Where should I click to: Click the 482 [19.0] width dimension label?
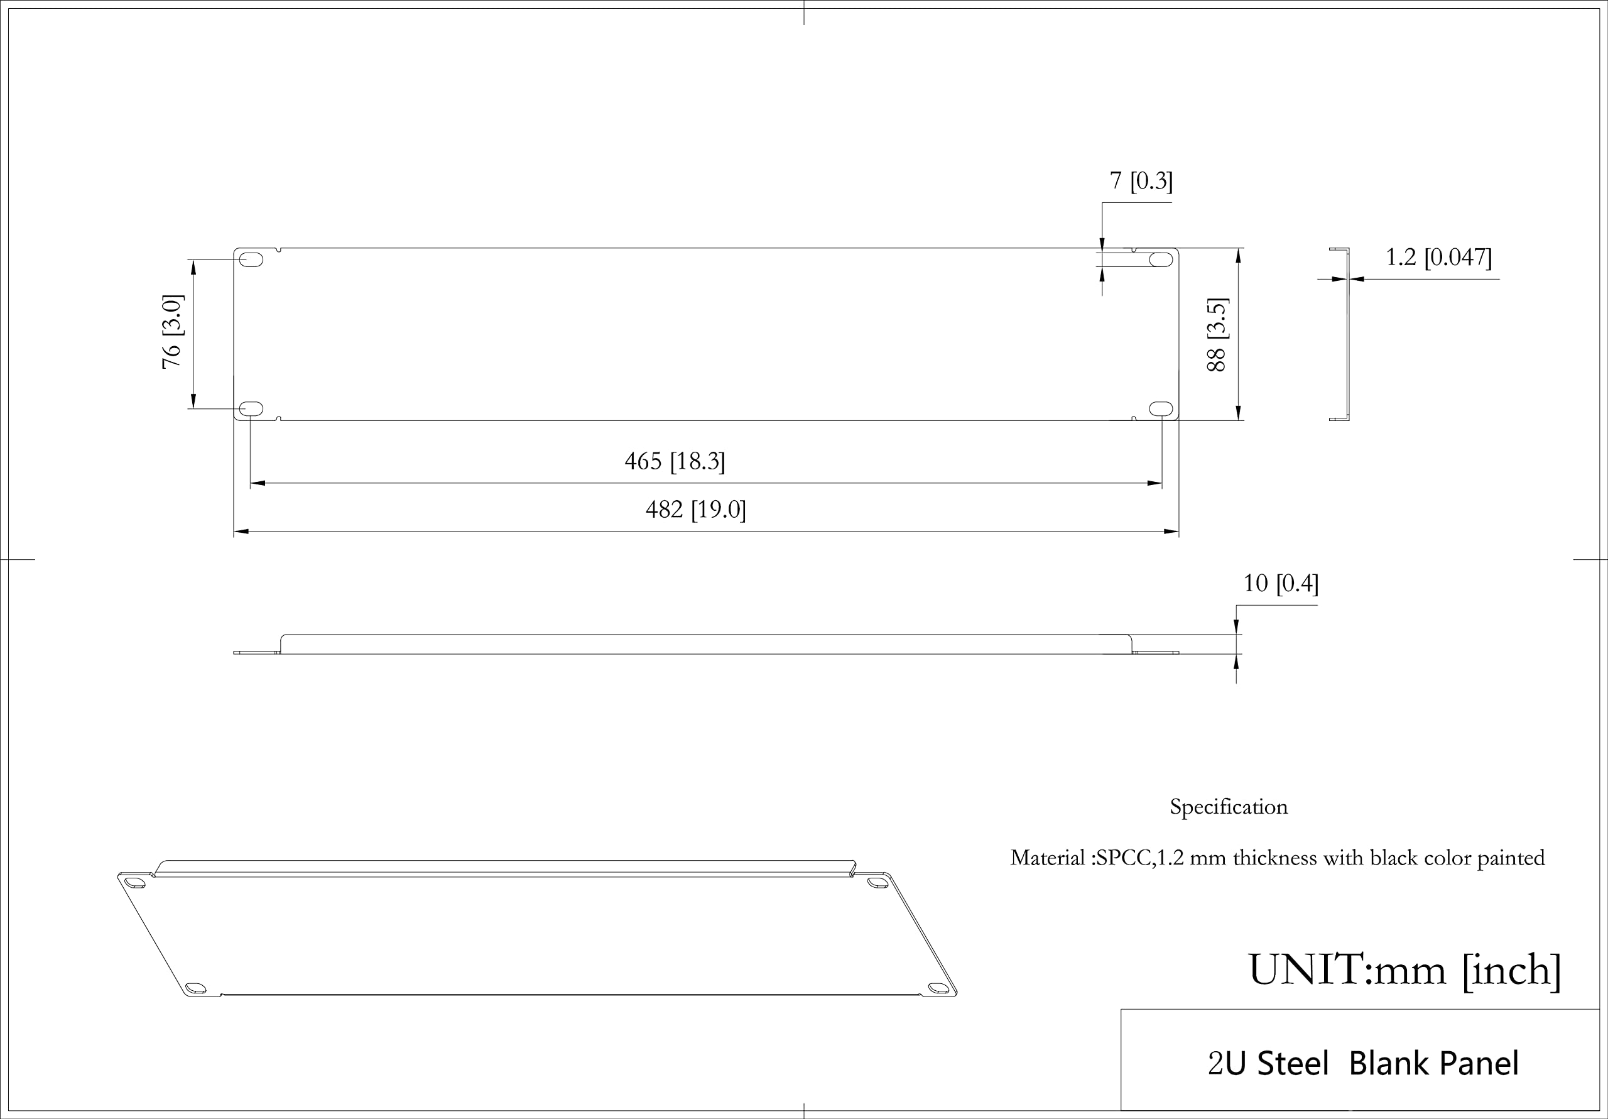coord(695,510)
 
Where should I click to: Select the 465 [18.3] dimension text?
coord(675,461)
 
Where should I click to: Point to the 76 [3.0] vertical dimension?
coord(171,331)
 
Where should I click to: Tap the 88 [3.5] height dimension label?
coord(1217,334)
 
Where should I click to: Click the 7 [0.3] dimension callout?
coord(1141,181)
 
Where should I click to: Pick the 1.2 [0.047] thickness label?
coord(1438,257)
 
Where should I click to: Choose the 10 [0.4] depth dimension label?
coord(1280,583)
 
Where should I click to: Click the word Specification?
coord(1229,807)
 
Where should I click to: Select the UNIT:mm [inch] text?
coord(1404,971)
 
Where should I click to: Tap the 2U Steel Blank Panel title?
coord(1363,1063)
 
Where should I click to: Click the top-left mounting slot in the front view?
coord(251,260)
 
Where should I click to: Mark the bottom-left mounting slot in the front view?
coord(251,408)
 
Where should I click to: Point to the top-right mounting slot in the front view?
coord(1161,260)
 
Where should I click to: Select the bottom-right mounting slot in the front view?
coord(1161,408)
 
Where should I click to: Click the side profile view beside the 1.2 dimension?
coord(1340,334)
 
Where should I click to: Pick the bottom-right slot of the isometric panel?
coord(937,988)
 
